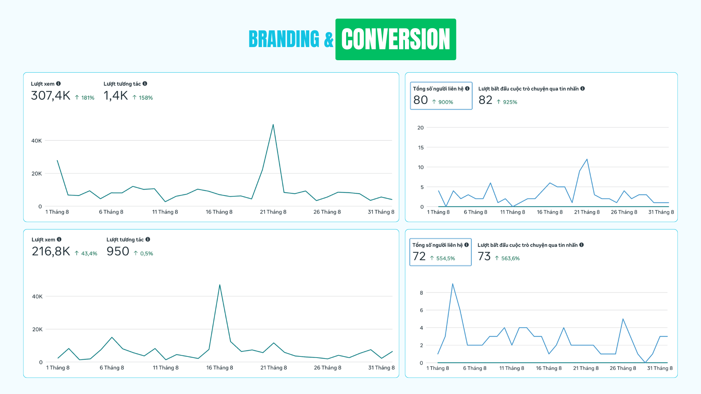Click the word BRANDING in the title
tap(284, 39)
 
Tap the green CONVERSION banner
tap(395, 39)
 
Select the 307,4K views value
tap(50, 96)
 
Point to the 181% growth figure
tap(85, 98)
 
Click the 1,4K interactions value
tap(115, 96)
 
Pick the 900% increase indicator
tap(443, 102)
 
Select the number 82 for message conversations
tap(485, 100)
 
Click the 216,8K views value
tap(51, 251)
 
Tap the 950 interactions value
tap(118, 251)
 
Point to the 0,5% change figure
tap(143, 254)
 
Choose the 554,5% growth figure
tap(442, 258)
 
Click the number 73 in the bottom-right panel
tap(484, 256)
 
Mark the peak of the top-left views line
tap(273, 125)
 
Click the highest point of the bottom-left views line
tap(220, 285)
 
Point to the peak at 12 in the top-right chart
tap(587, 159)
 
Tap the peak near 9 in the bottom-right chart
tap(453, 284)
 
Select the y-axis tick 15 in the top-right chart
tap(421, 147)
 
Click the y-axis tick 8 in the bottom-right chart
tap(421, 293)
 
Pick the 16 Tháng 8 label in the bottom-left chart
tap(219, 368)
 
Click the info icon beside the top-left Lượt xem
tap(58, 84)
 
